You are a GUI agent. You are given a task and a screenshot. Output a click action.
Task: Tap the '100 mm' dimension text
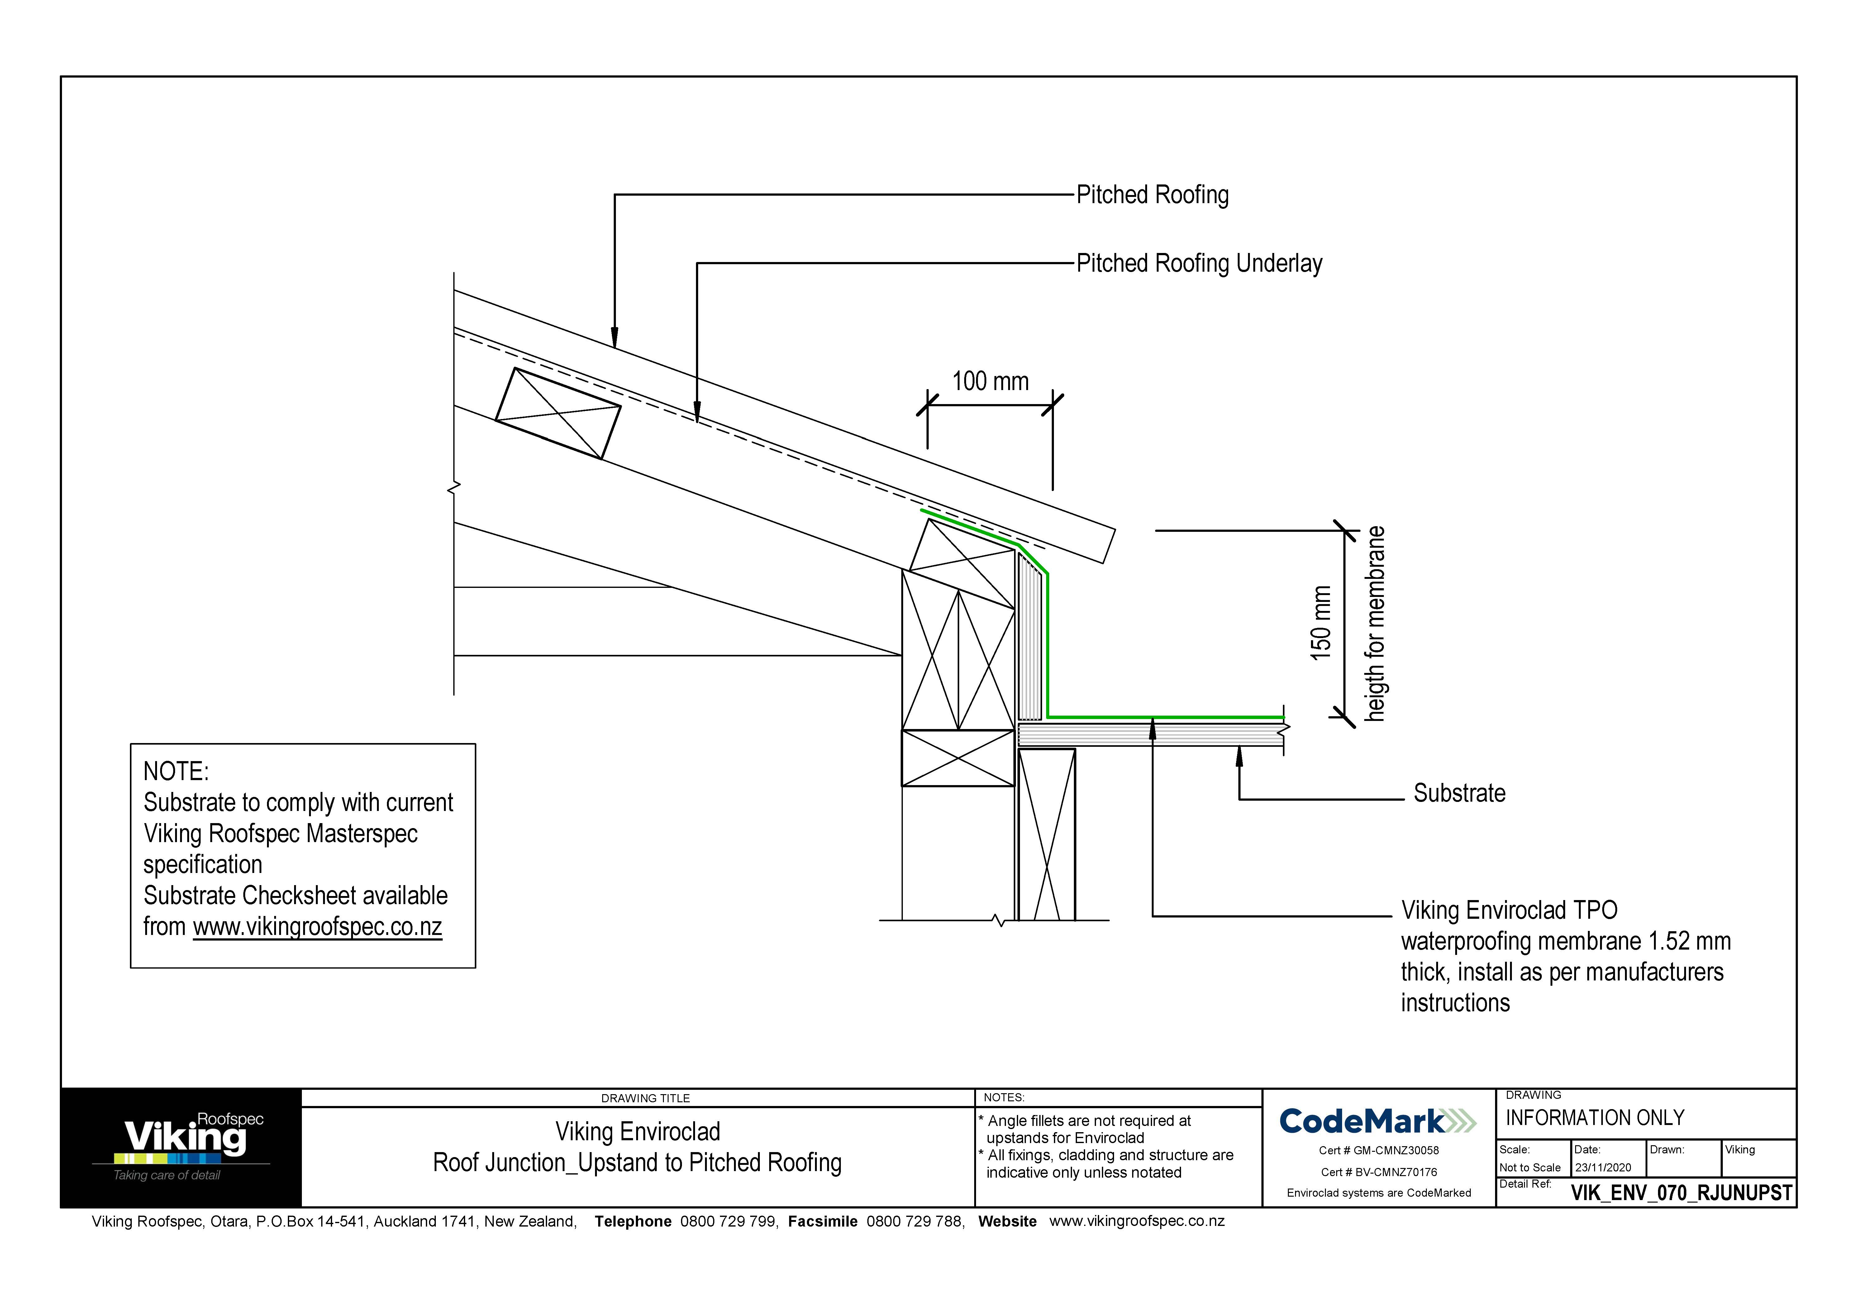coord(990,381)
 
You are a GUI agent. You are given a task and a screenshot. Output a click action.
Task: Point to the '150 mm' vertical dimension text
coord(1321,623)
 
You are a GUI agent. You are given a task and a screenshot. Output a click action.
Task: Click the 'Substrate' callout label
coord(1459,793)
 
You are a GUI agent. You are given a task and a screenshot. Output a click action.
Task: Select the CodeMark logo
coord(1377,1122)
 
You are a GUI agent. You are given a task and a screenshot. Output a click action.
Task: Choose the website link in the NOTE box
coord(317,927)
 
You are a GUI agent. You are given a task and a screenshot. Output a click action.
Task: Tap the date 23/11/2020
coord(1603,1168)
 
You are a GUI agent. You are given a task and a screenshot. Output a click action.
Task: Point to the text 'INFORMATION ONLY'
coord(1594,1118)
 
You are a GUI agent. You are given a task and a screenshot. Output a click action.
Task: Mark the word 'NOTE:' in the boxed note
coord(176,771)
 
